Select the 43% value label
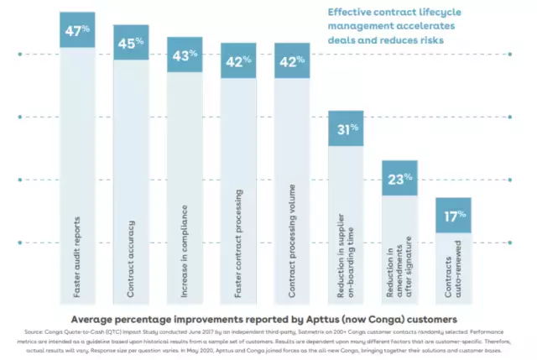pyautogui.click(x=185, y=55)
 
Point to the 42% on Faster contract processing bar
pyautogui.click(x=238, y=61)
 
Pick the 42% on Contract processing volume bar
pyautogui.click(x=292, y=61)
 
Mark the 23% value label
pyautogui.click(x=399, y=178)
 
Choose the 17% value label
pyautogui.click(x=453, y=216)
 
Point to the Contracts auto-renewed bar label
pyautogui.click(x=453, y=270)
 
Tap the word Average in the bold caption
pyautogui.click(x=100, y=320)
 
